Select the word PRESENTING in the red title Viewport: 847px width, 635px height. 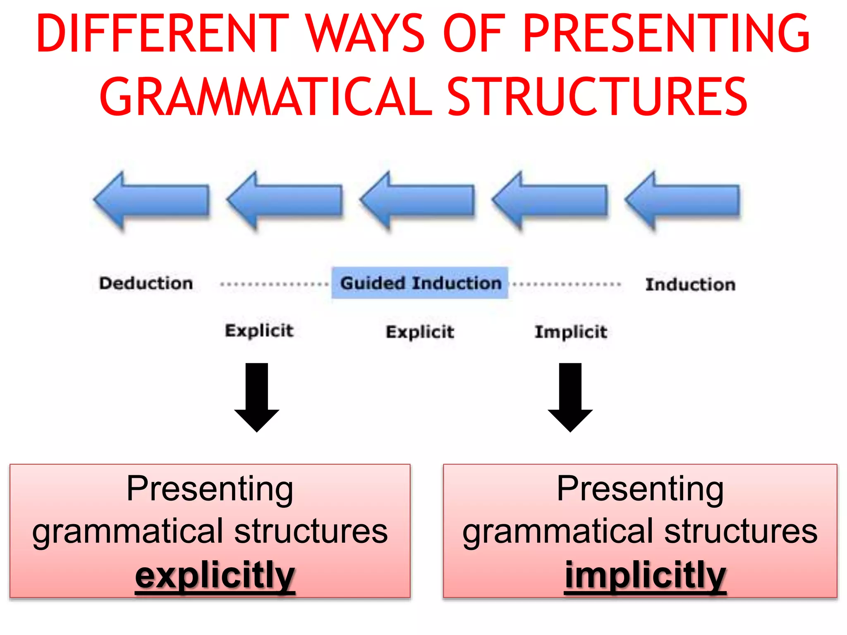click(x=666, y=34)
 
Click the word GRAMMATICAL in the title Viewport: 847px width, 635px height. click(x=265, y=97)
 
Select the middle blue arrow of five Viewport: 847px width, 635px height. click(x=418, y=201)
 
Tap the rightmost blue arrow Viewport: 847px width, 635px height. click(x=682, y=201)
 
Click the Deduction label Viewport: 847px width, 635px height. click(x=146, y=284)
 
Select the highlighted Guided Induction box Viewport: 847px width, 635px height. click(x=420, y=283)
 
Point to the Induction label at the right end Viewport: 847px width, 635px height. click(x=690, y=285)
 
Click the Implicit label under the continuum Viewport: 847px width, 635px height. click(x=571, y=332)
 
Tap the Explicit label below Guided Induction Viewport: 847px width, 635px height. click(x=420, y=332)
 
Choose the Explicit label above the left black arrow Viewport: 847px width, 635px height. click(x=259, y=331)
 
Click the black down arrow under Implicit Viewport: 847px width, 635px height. click(x=570, y=397)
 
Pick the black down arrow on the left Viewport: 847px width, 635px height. click(x=257, y=397)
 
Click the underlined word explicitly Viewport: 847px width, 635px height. click(x=215, y=575)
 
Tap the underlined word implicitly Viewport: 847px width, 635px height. click(x=645, y=575)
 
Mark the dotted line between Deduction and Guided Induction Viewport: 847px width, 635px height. click(x=274, y=284)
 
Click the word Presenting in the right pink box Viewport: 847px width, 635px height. click(x=640, y=489)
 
